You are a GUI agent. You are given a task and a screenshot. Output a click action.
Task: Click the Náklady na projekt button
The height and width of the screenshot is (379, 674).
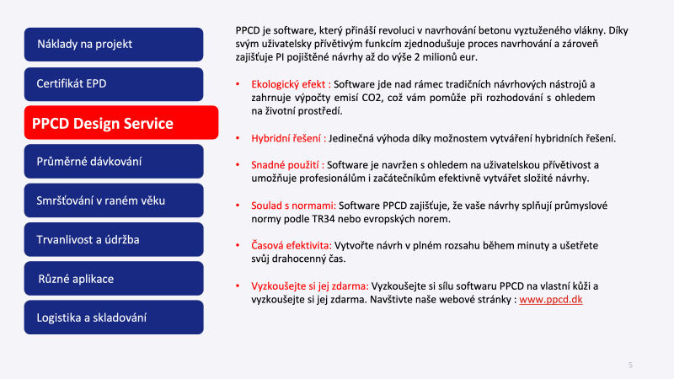[114, 45]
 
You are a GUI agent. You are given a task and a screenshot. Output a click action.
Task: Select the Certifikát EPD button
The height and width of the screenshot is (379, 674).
[114, 83]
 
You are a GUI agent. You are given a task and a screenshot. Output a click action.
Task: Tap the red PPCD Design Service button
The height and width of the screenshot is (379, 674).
[121, 122]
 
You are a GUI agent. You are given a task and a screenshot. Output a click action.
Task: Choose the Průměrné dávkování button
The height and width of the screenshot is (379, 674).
[114, 161]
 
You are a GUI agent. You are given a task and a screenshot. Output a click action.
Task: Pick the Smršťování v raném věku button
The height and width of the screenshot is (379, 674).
[114, 200]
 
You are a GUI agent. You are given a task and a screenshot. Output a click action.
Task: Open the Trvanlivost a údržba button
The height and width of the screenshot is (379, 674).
[114, 239]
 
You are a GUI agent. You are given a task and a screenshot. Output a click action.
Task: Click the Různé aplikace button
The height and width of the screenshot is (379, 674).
[114, 279]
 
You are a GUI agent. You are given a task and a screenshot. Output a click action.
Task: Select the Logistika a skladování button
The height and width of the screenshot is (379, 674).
[114, 318]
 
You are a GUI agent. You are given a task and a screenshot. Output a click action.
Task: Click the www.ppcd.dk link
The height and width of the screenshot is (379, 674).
[551, 300]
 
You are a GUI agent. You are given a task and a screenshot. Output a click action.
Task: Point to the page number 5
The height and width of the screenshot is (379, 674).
[630, 365]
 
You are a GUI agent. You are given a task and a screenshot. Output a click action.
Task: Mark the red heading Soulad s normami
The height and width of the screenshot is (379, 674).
[293, 206]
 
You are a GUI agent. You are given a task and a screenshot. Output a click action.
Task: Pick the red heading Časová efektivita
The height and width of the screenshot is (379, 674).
[292, 245]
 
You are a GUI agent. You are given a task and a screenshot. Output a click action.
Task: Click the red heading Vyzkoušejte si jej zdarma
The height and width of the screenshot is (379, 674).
[310, 286]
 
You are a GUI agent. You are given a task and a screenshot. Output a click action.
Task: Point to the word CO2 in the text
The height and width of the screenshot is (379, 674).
[372, 98]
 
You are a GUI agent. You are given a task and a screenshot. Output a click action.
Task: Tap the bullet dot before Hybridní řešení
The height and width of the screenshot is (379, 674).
[238, 138]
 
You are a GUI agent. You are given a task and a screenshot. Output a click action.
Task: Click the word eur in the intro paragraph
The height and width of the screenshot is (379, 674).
[468, 57]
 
